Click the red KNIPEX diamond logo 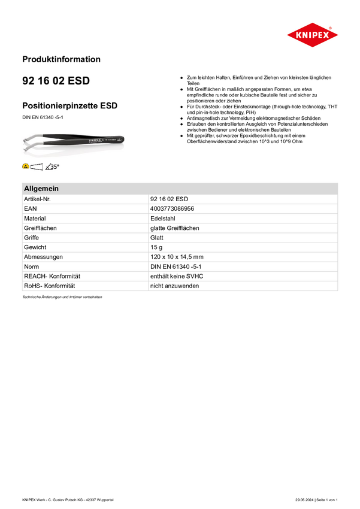(x=312, y=35)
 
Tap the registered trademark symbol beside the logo (x=330, y=28)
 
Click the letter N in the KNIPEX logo (x=302, y=35)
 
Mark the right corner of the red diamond (x=337, y=35)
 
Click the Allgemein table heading (x=41, y=189)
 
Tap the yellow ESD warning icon (x=26, y=166)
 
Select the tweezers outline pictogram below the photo (x=37, y=166)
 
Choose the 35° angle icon (x=53, y=166)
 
